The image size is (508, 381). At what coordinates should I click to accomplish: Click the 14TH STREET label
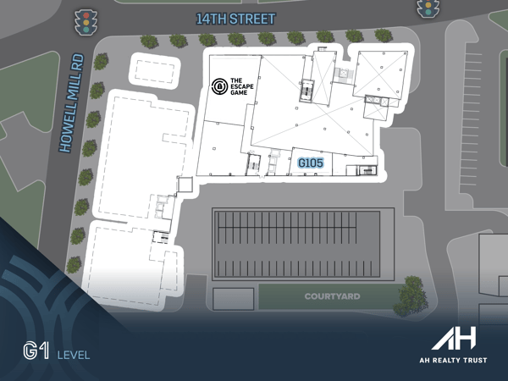[x=235, y=18]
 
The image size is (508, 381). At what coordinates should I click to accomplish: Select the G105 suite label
[x=311, y=162]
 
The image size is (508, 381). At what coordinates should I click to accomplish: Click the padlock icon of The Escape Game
[x=219, y=86]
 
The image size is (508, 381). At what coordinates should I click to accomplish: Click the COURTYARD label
[x=332, y=297]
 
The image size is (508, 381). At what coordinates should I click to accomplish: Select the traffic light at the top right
[x=428, y=8]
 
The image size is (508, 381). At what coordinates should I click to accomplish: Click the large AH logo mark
[x=454, y=338]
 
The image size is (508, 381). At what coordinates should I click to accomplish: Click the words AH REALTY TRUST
[x=454, y=359]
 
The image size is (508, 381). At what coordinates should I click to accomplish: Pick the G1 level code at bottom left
[x=36, y=352]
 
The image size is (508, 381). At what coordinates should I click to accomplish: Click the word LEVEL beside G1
[x=73, y=354]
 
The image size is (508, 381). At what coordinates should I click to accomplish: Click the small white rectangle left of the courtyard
[x=234, y=298]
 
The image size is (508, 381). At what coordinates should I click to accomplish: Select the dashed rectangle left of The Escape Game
[x=155, y=70]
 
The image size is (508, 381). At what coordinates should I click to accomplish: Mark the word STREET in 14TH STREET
[x=251, y=18]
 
